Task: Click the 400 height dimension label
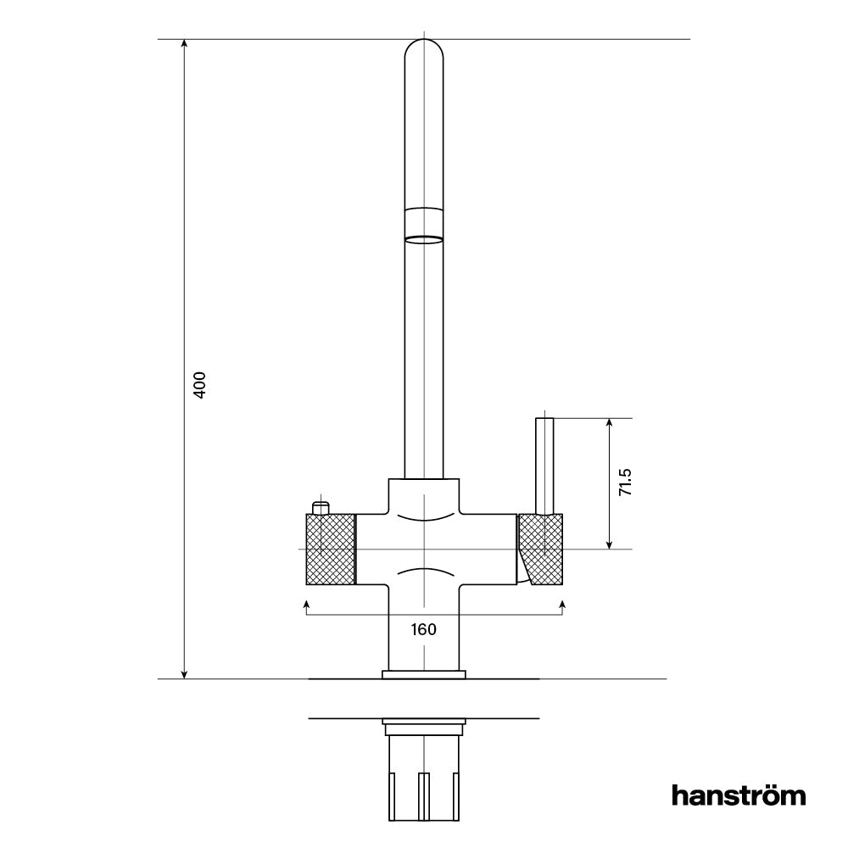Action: tap(200, 386)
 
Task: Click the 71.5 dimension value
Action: tap(625, 482)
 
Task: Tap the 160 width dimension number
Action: tap(423, 629)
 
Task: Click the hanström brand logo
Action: tap(739, 795)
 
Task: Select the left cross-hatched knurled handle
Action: tap(329, 549)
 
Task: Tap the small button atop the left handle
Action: tap(320, 507)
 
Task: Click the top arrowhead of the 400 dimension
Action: tap(184, 45)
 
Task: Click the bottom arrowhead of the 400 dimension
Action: tap(184, 673)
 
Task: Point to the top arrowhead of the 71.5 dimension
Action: tap(609, 423)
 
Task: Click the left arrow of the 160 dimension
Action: tap(305, 604)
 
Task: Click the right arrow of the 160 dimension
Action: tap(563, 604)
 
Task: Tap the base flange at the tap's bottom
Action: tap(423, 675)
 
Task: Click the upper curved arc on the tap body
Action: tap(423, 515)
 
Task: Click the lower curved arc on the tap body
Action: tap(423, 571)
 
